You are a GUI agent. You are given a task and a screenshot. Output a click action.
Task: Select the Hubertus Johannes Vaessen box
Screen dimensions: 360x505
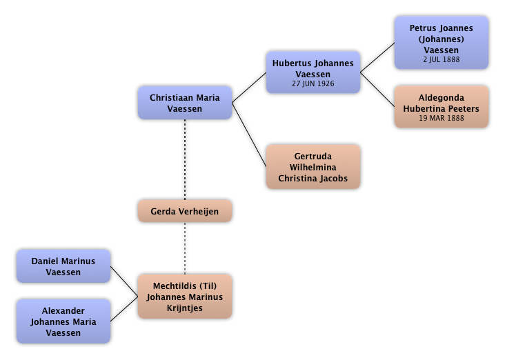pyautogui.click(x=313, y=72)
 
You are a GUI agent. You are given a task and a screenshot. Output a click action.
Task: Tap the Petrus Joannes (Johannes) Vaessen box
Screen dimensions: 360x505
pyautogui.click(x=441, y=43)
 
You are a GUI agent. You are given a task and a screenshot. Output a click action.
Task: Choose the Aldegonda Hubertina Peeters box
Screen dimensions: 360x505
pyautogui.click(x=441, y=107)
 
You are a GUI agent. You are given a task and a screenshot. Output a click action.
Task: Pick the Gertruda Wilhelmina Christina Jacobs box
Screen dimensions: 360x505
pyautogui.click(x=313, y=167)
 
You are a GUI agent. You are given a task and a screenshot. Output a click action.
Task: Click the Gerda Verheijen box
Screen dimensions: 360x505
pyautogui.click(x=184, y=211)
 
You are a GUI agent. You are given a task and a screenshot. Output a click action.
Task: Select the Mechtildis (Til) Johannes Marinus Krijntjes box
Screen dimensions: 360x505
pyautogui.click(x=184, y=297)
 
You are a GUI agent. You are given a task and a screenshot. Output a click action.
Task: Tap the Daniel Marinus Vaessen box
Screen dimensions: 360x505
pyautogui.click(x=63, y=266)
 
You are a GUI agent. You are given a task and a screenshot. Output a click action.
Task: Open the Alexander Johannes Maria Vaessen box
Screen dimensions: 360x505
pyautogui.click(x=63, y=321)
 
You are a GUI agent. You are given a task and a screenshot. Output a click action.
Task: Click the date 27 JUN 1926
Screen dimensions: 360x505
pyautogui.click(x=313, y=83)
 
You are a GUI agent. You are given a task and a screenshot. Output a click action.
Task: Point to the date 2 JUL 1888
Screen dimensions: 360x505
pyautogui.click(x=441, y=59)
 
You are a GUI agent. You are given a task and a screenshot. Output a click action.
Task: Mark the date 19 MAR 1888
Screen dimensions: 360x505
pyautogui.click(x=441, y=118)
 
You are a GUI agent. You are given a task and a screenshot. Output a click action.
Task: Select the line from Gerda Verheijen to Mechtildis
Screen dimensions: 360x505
pyautogui.click(x=184, y=248)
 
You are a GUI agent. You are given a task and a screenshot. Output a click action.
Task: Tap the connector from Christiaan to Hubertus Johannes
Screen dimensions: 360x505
pyautogui.click(x=249, y=88)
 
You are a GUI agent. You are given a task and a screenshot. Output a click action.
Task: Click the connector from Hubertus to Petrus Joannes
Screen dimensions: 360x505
pyautogui.click(x=377, y=57)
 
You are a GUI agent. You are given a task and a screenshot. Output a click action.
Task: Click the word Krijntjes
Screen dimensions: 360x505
pyautogui.click(x=184, y=308)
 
